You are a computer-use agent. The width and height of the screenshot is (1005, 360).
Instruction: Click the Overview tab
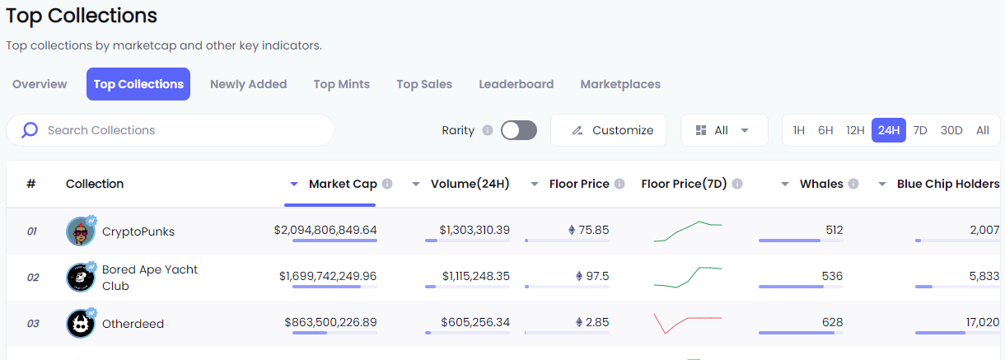tap(40, 84)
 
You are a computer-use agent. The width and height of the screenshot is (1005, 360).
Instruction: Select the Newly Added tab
tap(248, 84)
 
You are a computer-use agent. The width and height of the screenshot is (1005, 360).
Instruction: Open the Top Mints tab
tap(341, 84)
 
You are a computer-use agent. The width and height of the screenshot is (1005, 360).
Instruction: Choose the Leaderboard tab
tap(516, 84)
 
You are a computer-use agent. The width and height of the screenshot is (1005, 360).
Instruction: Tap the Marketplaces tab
tap(620, 84)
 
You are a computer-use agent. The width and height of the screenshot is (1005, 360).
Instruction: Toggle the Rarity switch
tap(519, 130)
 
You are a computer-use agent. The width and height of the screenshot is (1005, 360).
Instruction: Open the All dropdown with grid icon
tap(723, 130)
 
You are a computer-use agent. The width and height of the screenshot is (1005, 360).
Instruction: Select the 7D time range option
tap(920, 130)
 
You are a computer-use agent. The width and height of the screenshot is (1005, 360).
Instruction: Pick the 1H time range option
tap(798, 130)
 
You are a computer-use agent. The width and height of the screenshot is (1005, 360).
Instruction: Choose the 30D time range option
tap(951, 130)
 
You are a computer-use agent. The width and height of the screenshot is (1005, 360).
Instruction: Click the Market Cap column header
tap(342, 184)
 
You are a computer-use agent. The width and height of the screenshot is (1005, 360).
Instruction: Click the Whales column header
tap(820, 184)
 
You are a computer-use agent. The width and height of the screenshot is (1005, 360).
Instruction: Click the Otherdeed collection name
tap(133, 324)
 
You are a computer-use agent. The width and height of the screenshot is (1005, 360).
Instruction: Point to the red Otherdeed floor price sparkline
tap(687, 322)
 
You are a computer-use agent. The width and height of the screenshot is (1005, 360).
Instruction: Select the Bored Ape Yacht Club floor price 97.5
tap(596, 276)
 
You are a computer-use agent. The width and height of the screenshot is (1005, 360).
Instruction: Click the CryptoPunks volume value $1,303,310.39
tap(474, 230)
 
